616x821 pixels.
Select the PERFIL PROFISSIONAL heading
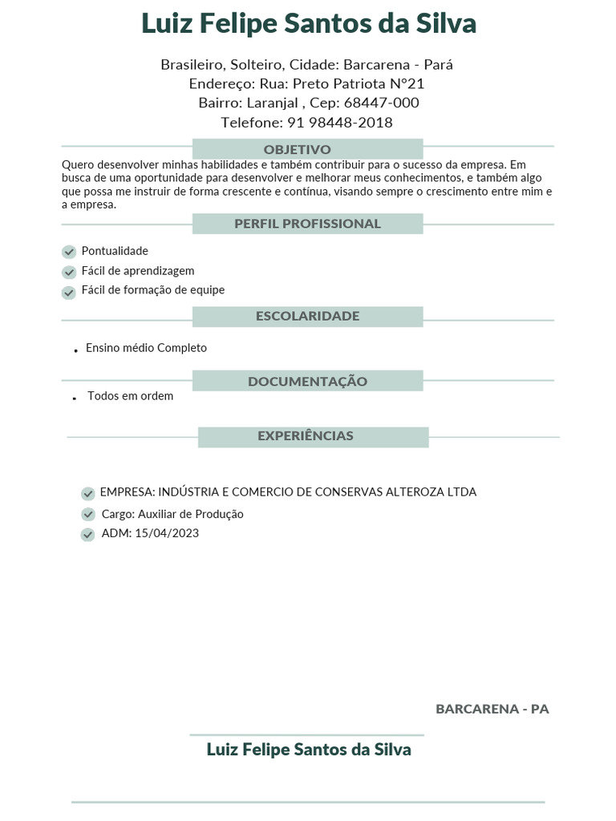(307, 224)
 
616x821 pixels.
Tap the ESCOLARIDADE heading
(307, 316)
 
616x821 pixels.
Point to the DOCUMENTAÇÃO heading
(307, 382)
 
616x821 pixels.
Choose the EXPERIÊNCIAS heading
(306, 436)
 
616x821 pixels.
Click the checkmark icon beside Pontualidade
(69, 253)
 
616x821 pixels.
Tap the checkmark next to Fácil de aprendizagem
(69, 273)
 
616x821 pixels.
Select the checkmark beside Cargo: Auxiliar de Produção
(88, 515)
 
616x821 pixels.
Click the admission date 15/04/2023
(167, 533)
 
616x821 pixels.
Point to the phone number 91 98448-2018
(340, 123)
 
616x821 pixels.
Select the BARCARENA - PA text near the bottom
(492, 709)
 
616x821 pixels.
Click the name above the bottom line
(309, 750)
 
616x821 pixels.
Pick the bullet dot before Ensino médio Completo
(75, 350)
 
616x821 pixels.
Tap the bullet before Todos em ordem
(74, 398)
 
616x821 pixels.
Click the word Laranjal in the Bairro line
(273, 103)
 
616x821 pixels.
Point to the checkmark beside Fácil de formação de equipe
(69, 293)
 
